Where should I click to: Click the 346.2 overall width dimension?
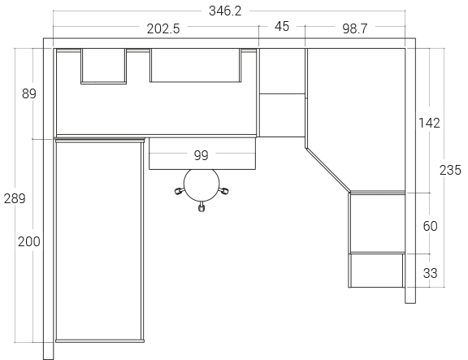pyautogui.click(x=225, y=11)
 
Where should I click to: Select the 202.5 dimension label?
pyautogui.click(x=163, y=29)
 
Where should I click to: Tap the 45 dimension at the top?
pyautogui.click(x=282, y=27)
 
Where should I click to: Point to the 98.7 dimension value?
pyautogui.click(x=354, y=28)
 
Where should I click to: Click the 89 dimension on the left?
pyautogui.click(x=29, y=93)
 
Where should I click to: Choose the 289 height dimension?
pyautogui.click(x=15, y=198)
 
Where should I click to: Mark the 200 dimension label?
pyautogui.click(x=29, y=241)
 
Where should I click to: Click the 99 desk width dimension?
pyautogui.click(x=201, y=155)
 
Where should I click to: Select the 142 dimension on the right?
pyautogui.click(x=429, y=123)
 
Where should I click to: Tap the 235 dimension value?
pyautogui.click(x=450, y=170)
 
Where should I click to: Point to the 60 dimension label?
pyautogui.click(x=430, y=226)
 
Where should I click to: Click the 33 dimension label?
pyautogui.click(x=430, y=273)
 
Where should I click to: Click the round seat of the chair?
pyautogui.click(x=201, y=184)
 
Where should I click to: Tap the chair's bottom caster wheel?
pyautogui.click(x=201, y=207)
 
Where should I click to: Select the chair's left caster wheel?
pyautogui.click(x=179, y=191)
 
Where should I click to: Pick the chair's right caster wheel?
pyautogui.click(x=223, y=190)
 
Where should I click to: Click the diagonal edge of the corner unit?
pyautogui.click(x=327, y=170)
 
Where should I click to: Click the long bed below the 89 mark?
pyautogui.click(x=99, y=240)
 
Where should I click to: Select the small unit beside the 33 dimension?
pyautogui.click(x=377, y=271)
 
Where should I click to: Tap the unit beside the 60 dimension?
pyautogui.click(x=377, y=223)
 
